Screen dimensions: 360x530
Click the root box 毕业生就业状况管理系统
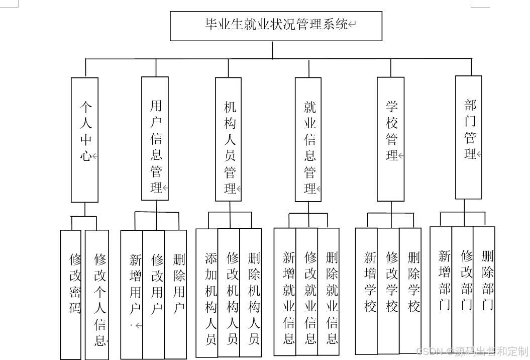276,26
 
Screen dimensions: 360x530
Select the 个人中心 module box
85,140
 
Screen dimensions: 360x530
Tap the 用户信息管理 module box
155,139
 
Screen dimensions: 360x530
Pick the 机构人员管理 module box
229,139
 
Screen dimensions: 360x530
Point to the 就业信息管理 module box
308,139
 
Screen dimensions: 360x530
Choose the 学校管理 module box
391,139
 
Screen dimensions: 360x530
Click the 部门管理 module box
469,137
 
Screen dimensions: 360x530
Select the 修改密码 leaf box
71,294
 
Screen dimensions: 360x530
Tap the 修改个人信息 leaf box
97,294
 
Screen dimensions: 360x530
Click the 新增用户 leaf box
132,294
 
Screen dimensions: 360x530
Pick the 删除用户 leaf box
176,294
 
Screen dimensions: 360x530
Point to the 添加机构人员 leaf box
207,293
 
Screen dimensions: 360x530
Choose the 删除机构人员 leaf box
251,293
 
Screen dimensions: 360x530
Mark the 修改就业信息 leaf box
307,292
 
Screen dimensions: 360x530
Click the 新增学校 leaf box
367,291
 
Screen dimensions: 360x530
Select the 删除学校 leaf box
410,291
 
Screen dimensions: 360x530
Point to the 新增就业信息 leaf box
285,292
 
